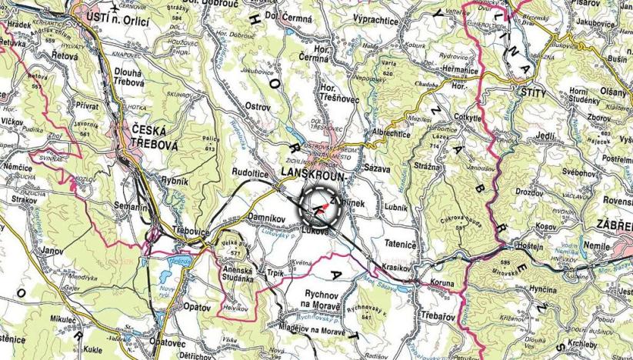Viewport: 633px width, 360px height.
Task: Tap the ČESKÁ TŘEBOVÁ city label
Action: coord(138,137)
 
